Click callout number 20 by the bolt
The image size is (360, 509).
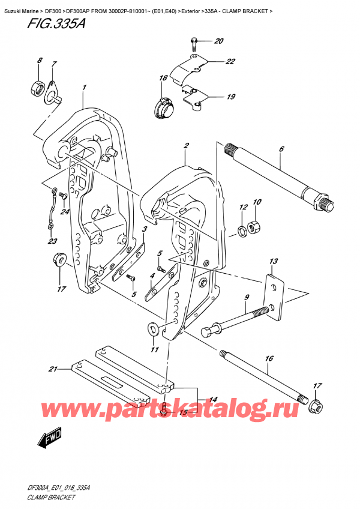(x=218, y=41)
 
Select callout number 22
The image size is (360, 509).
(x=214, y=61)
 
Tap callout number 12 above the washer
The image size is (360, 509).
(x=244, y=208)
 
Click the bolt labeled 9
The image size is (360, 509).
(x=234, y=322)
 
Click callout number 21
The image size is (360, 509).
(x=52, y=369)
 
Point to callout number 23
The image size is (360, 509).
(x=52, y=242)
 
